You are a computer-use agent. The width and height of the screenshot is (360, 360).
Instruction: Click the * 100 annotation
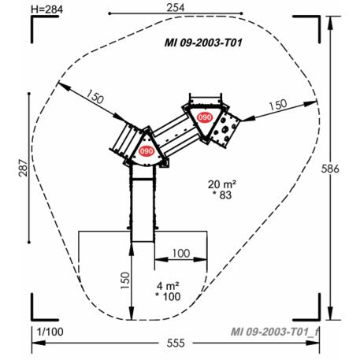coord(167,296)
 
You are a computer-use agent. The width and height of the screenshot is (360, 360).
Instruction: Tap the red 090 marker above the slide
coord(147,150)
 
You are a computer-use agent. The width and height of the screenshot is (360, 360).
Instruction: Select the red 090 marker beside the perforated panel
coord(205,117)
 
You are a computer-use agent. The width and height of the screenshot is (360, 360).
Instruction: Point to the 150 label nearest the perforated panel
coord(276,106)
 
